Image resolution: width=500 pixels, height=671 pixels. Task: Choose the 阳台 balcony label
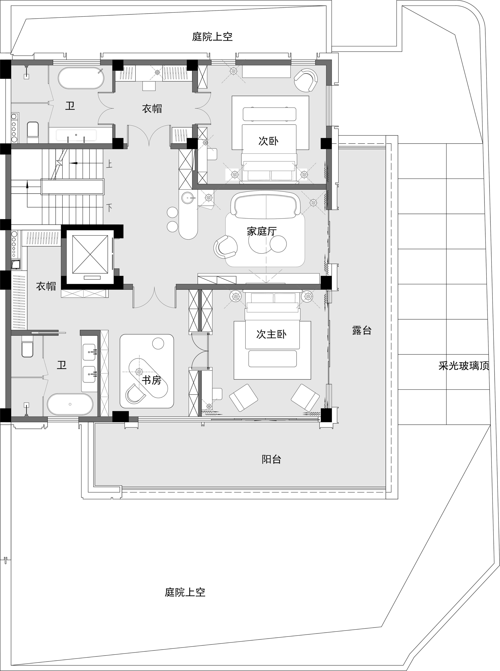(271, 460)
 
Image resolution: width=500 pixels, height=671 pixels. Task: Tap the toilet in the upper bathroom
(33, 132)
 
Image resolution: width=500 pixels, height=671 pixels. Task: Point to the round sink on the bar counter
(188, 198)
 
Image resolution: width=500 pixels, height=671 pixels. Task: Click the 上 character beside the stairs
(109, 164)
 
